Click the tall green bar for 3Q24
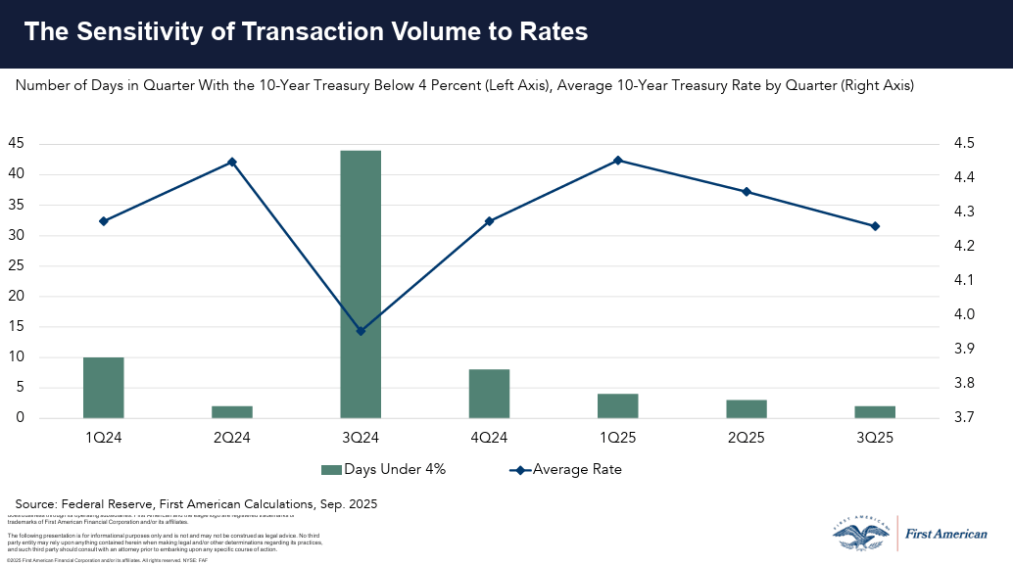pyautogui.click(x=361, y=284)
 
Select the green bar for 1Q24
pyautogui.click(x=103, y=388)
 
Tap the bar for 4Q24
pyautogui.click(x=489, y=394)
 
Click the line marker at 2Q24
pyautogui.click(x=232, y=162)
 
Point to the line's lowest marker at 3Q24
pyautogui.click(x=361, y=331)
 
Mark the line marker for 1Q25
pyautogui.click(x=618, y=161)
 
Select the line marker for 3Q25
pyautogui.click(x=875, y=226)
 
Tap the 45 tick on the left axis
pyautogui.click(x=17, y=144)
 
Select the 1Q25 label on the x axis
pyautogui.click(x=618, y=437)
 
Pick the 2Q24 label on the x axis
pyautogui.click(x=232, y=437)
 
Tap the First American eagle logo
pyautogui.click(x=861, y=534)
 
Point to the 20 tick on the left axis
pyautogui.click(x=17, y=297)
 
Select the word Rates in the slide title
pyautogui.click(x=555, y=31)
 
